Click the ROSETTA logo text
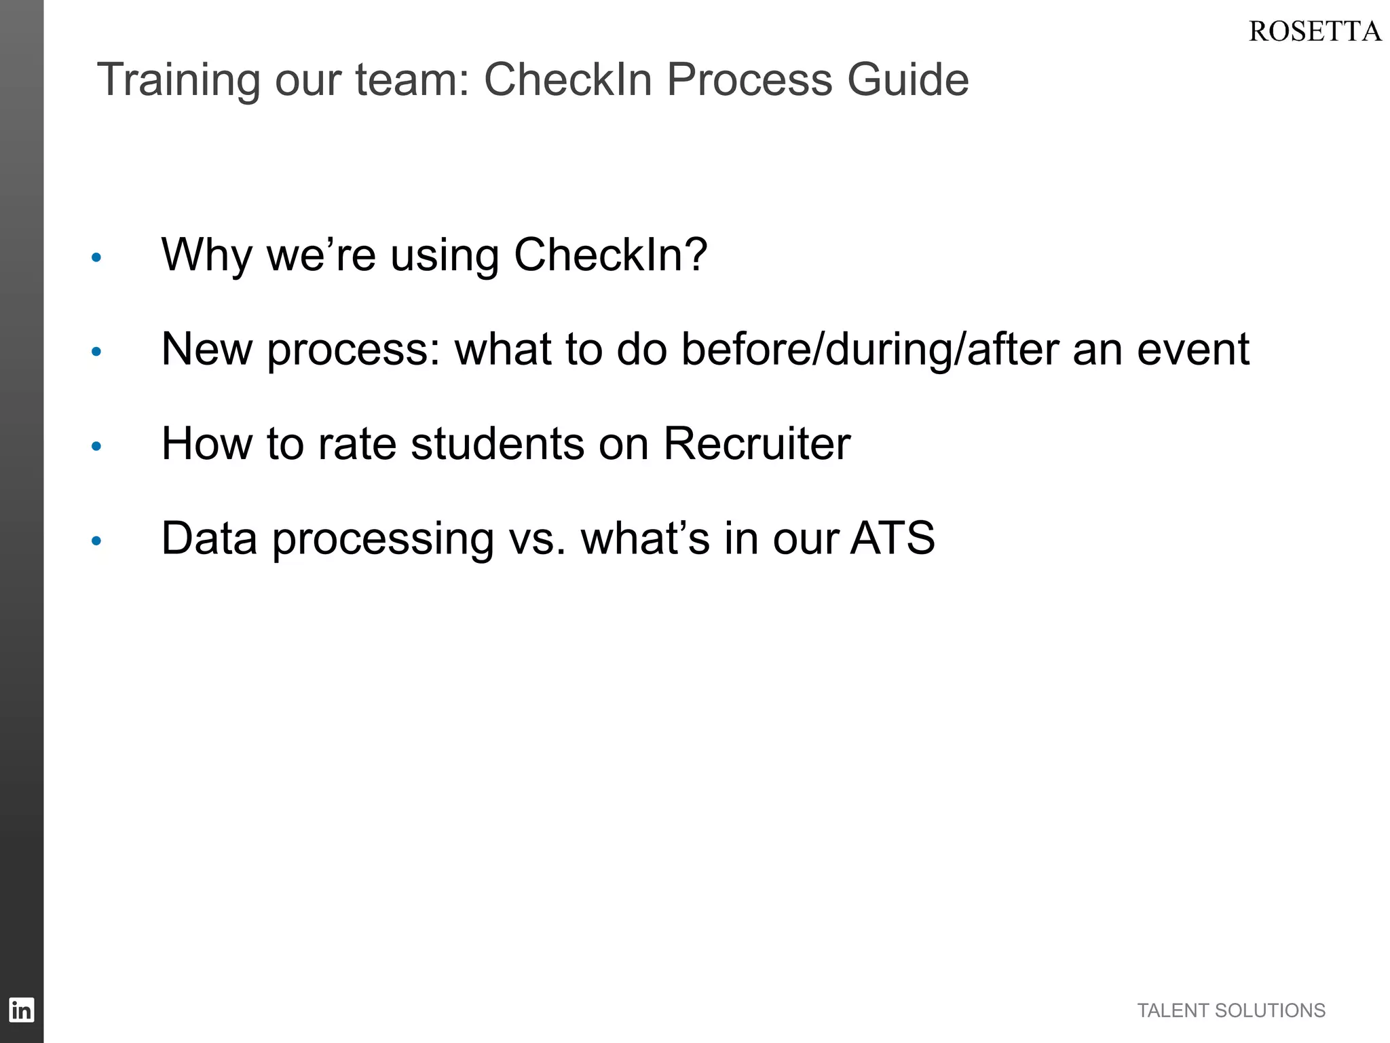[1314, 32]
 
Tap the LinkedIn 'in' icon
[21, 1010]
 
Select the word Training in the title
[179, 79]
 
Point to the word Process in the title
[749, 79]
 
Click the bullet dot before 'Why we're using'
[96, 257]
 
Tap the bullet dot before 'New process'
[96, 352]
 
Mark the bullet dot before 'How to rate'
[96, 446]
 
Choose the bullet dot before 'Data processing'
[96, 541]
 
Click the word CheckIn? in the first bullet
[610, 255]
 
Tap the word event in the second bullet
[1192, 350]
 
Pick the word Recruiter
[756, 444]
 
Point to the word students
[497, 444]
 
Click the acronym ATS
[893, 538]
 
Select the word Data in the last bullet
[209, 538]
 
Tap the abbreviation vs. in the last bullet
[537, 538]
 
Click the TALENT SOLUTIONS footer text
[1231, 1010]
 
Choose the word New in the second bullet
[206, 350]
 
